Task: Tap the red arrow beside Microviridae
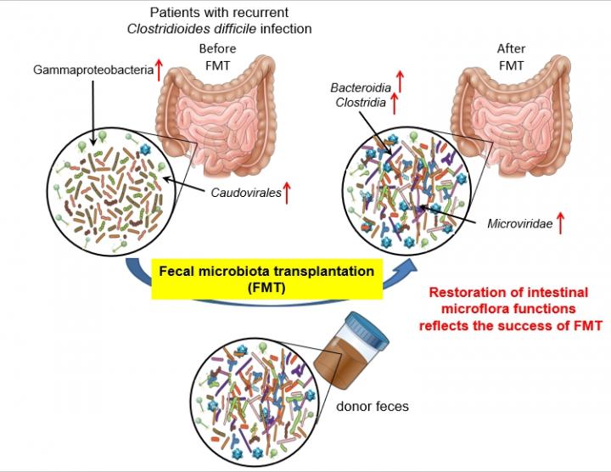coord(560,225)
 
